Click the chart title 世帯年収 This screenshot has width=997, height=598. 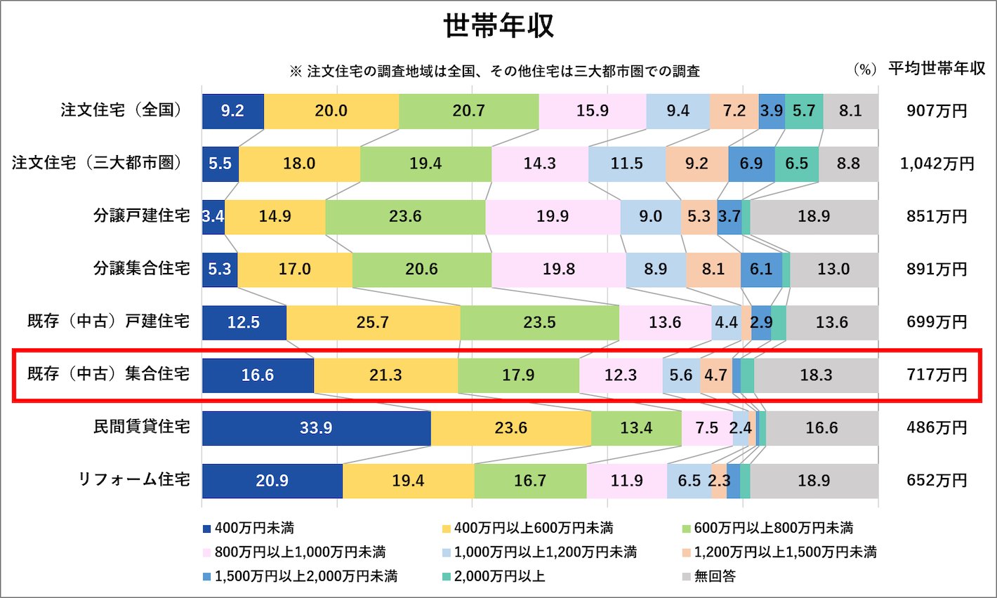click(x=498, y=26)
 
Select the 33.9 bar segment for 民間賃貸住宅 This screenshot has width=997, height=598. click(x=316, y=428)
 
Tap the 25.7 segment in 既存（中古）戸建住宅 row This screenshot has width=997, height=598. click(x=373, y=322)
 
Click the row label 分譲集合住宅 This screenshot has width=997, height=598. click(x=141, y=269)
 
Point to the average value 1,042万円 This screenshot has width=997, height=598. click(x=937, y=164)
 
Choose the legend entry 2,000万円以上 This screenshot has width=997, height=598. click(x=499, y=576)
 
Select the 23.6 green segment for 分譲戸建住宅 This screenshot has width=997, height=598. click(x=405, y=216)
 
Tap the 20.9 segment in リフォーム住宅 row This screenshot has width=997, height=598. click(x=272, y=481)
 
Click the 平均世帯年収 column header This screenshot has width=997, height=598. click(x=937, y=69)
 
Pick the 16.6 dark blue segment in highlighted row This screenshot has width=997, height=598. click(x=258, y=376)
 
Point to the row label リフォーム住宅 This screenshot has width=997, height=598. click(x=133, y=480)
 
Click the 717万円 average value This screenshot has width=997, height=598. click(x=937, y=375)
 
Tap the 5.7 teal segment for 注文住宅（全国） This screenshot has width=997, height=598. click(x=803, y=111)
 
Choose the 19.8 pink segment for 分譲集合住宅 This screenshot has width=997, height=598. click(x=558, y=270)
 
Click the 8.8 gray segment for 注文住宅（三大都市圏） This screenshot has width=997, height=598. click(x=848, y=164)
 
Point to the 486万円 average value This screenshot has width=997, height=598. click(x=937, y=427)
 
